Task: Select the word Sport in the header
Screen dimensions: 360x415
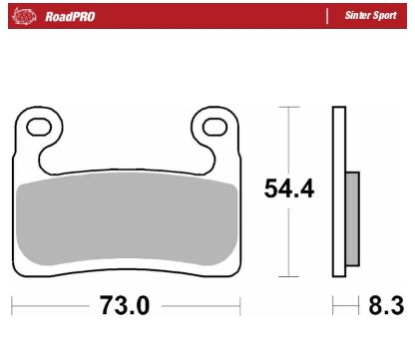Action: [x=383, y=16]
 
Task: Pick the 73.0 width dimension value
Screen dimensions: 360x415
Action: [x=125, y=305]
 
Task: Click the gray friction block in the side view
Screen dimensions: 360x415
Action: [x=351, y=218]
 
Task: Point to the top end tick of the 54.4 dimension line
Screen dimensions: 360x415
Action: [x=288, y=105]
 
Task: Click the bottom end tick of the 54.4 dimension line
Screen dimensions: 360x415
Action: [x=288, y=276]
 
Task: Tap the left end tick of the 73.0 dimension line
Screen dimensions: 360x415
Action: [x=13, y=305]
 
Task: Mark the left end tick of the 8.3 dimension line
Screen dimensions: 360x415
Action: [x=333, y=305]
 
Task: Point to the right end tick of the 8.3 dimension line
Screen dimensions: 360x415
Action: [x=358, y=305]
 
